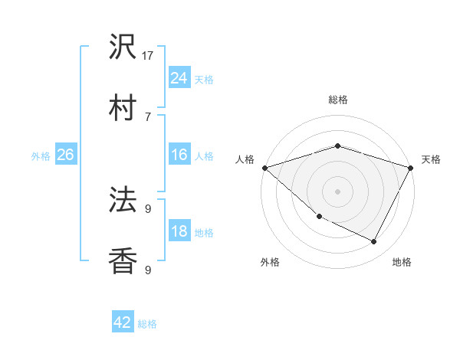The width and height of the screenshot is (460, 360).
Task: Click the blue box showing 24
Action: [179, 77]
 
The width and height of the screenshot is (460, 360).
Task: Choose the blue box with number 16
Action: [179, 155]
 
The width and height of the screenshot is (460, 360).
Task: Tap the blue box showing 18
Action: [179, 231]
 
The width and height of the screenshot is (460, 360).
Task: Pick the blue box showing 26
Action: [65, 155]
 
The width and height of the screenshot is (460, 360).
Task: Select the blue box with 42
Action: [123, 322]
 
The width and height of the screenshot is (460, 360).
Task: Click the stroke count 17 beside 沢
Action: [148, 56]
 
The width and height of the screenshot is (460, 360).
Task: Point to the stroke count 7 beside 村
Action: [148, 116]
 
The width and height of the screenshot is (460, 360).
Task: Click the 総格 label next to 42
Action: [147, 324]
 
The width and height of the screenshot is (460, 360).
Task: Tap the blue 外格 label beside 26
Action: [41, 156]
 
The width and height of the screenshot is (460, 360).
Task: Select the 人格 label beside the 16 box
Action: [204, 156]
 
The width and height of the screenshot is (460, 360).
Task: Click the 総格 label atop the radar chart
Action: [337, 100]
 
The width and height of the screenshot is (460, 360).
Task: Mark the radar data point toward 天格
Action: [411, 168]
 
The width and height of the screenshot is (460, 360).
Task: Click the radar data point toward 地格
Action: [374, 242]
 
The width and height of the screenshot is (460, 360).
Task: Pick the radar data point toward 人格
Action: [264, 168]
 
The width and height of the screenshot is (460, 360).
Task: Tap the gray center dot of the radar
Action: [337, 191]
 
